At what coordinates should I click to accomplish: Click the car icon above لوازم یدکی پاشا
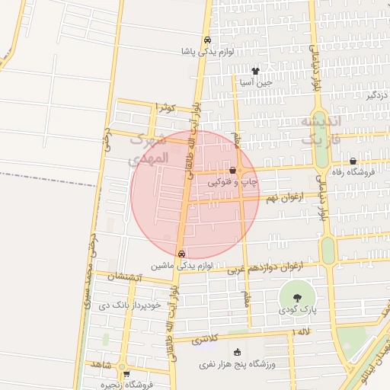coord(207,40)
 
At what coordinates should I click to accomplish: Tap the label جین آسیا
coord(254,82)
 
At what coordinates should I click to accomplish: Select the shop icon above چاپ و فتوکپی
coord(232,170)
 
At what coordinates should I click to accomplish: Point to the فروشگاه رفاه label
coord(360,172)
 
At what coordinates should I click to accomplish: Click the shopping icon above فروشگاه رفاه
coord(353,161)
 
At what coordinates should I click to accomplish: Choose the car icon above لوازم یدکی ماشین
coord(181,254)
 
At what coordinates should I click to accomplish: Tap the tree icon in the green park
coord(296,297)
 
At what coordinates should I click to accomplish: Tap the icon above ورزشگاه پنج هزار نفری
coord(238,352)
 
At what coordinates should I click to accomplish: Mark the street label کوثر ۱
coord(165,107)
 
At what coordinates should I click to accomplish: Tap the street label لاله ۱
coord(302,333)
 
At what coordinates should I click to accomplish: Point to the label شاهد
coord(102,365)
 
